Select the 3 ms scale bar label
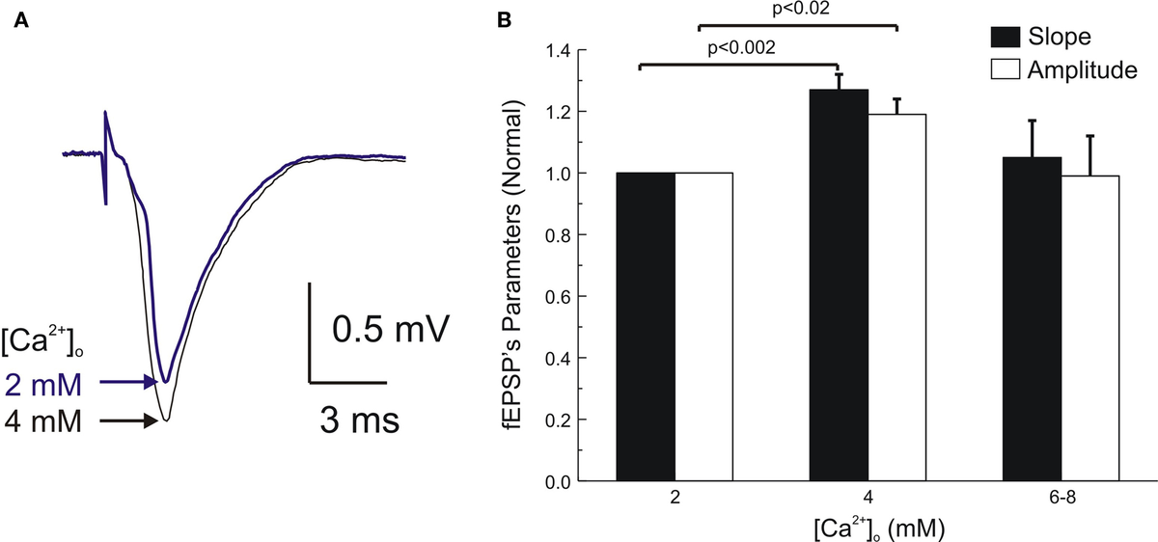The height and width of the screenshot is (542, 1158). coord(360,421)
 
